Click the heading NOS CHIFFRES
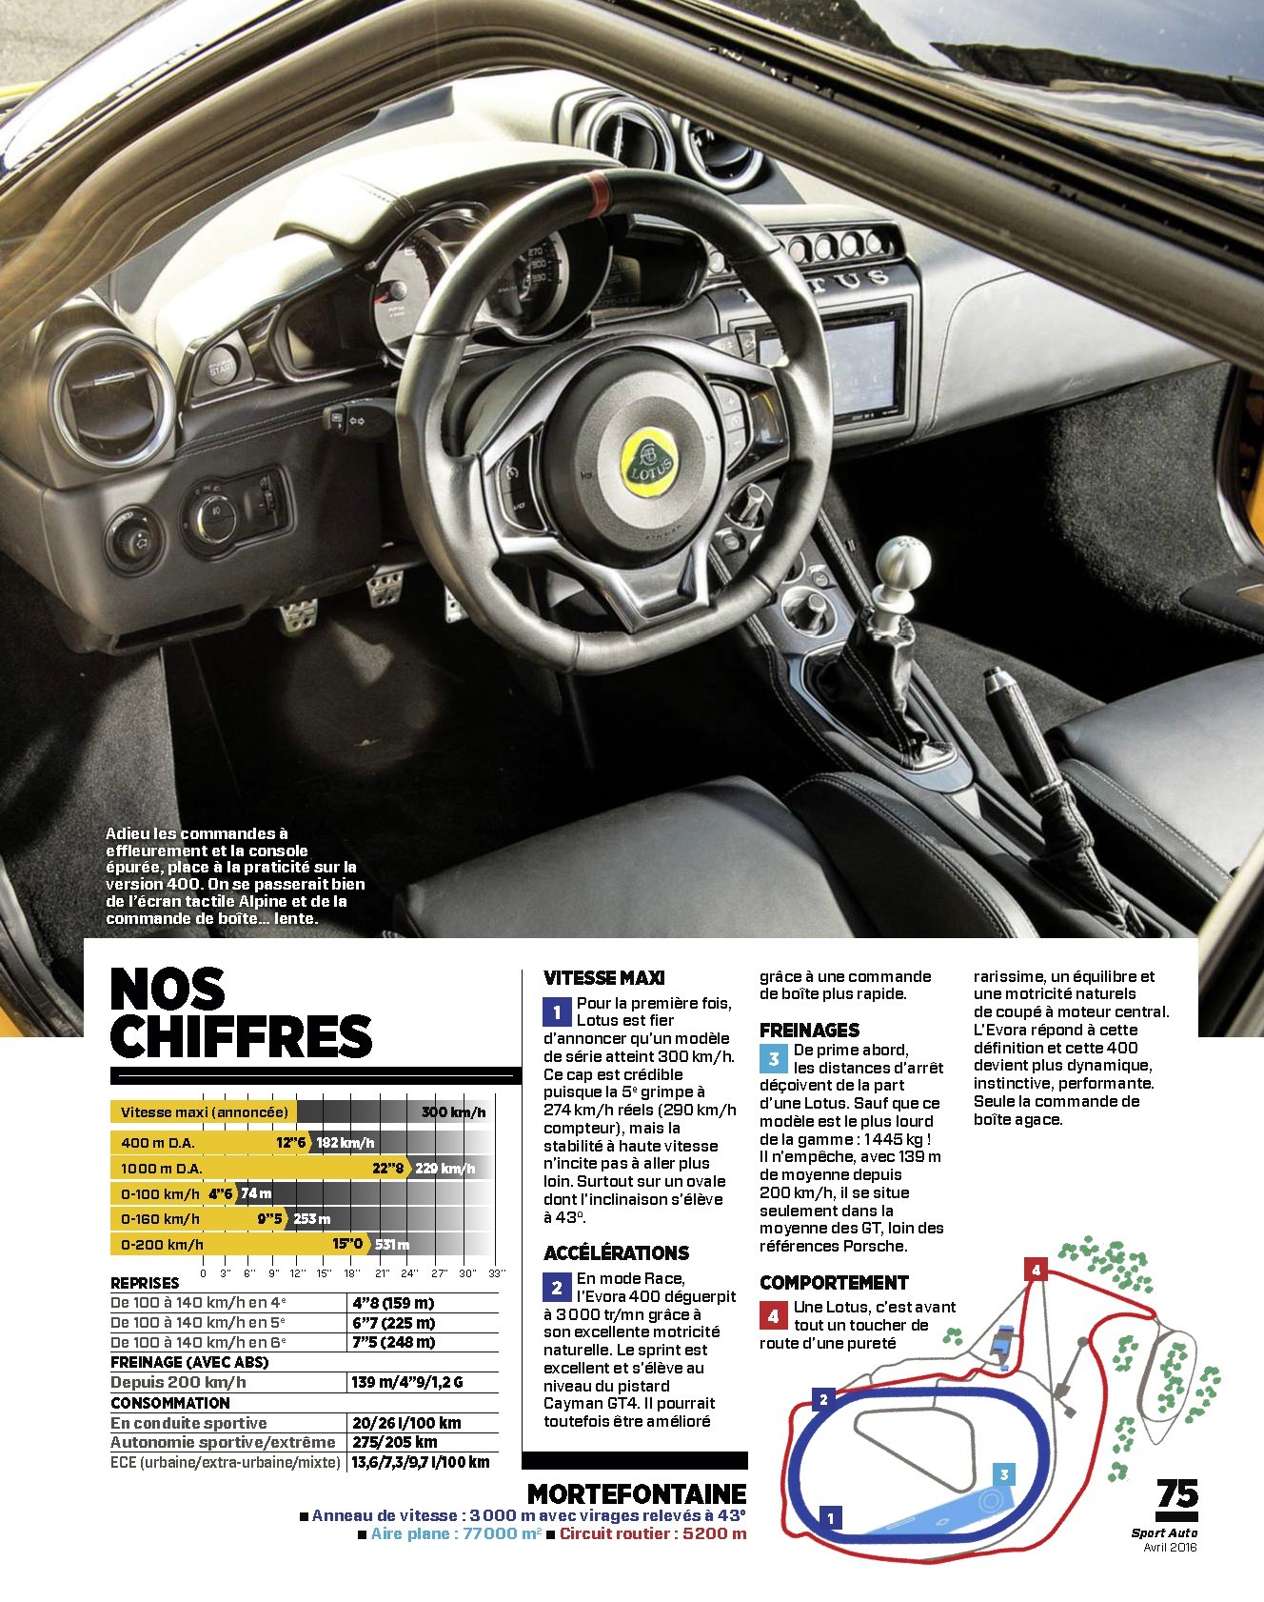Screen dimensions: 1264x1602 point(240,1013)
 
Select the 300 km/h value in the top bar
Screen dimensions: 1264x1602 point(453,1111)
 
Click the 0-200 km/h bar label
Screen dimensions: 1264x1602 point(162,1244)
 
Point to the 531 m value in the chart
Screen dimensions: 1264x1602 point(392,1244)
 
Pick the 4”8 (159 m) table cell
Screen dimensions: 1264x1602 point(393,1302)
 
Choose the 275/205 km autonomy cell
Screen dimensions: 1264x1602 point(395,1442)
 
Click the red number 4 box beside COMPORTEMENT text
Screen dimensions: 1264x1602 point(773,1316)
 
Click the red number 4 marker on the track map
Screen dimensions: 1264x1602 point(1036,1270)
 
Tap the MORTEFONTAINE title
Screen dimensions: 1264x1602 point(637,1493)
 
